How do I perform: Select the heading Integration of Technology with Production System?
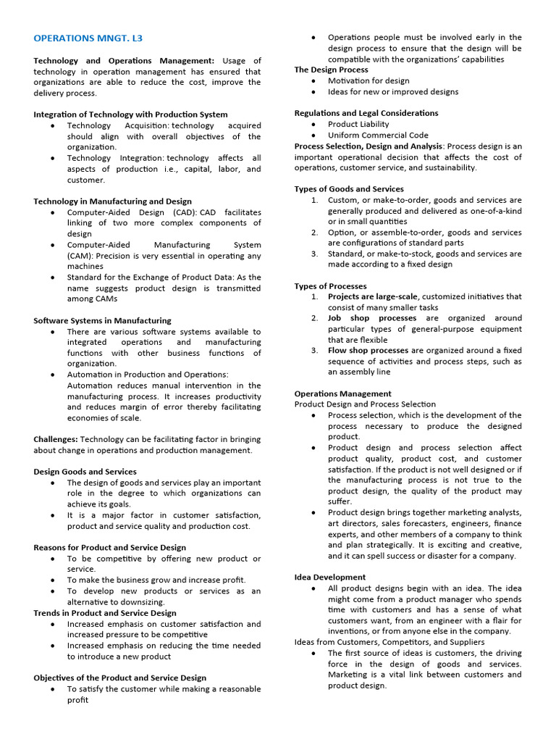coord(130,114)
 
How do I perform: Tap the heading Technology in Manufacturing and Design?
coord(112,201)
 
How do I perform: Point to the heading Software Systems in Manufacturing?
coord(102,320)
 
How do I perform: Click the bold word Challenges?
coord(56,439)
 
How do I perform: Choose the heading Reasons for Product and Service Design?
coord(109,548)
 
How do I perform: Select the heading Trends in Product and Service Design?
coord(104,613)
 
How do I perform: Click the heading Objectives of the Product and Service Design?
coord(119,678)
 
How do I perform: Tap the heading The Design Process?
coord(331,70)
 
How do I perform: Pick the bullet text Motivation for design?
coord(368,81)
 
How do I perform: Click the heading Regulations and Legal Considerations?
coord(366,113)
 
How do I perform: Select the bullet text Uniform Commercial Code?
coord(378,135)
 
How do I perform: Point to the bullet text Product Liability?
coord(358,124)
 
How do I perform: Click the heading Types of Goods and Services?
coord(349,189)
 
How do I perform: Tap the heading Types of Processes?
coord(330,286)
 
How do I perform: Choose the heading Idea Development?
coord(329,578)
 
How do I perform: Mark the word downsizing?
coord(140,602)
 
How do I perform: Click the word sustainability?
coord(448,167)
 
